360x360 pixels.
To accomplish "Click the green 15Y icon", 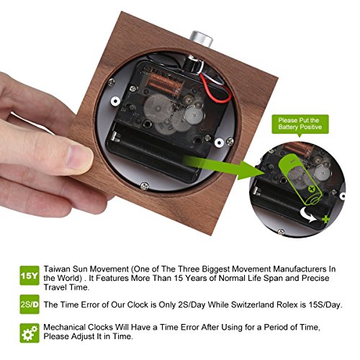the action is pyautogui.click(x=30, y=276).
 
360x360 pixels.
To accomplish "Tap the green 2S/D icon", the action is pyautogui.click(x=30, y=305).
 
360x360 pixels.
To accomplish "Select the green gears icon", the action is pyautogui.click(x=30, y=333).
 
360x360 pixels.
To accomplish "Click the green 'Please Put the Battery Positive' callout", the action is pyautogui.click(x=300, y=125).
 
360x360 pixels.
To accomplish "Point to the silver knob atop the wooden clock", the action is pyautogui.click(x=201, y=38).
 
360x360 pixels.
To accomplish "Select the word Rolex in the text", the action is pyautogui.click(x=287, y=305).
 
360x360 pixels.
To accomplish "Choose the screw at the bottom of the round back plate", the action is pyautogui.click(x=144, y=186).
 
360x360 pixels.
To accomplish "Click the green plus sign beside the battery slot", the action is pyautogui.click(x=325, y=219).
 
